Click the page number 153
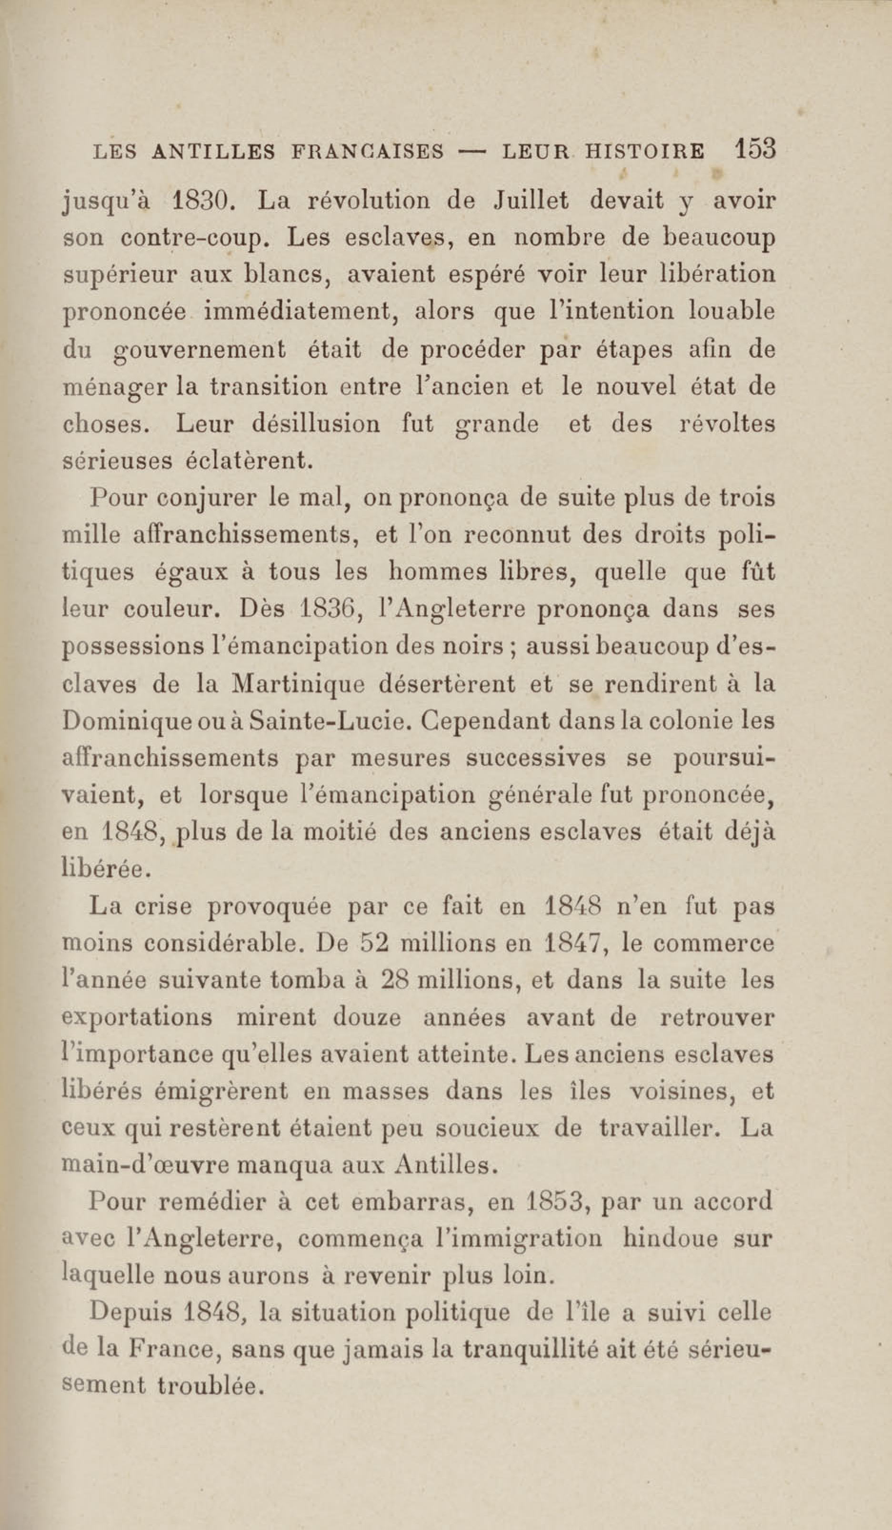[754, 148]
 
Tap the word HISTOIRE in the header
[644, 151]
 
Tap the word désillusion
[316, 424]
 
